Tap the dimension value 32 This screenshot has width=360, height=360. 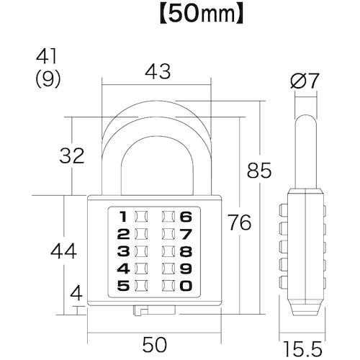tap(70, 155)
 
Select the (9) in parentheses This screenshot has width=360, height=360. tap(48, 80)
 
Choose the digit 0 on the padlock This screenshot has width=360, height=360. tap(186, 286)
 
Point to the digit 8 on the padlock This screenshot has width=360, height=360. tap(186, 251)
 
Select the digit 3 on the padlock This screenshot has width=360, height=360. tap(122, 251)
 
